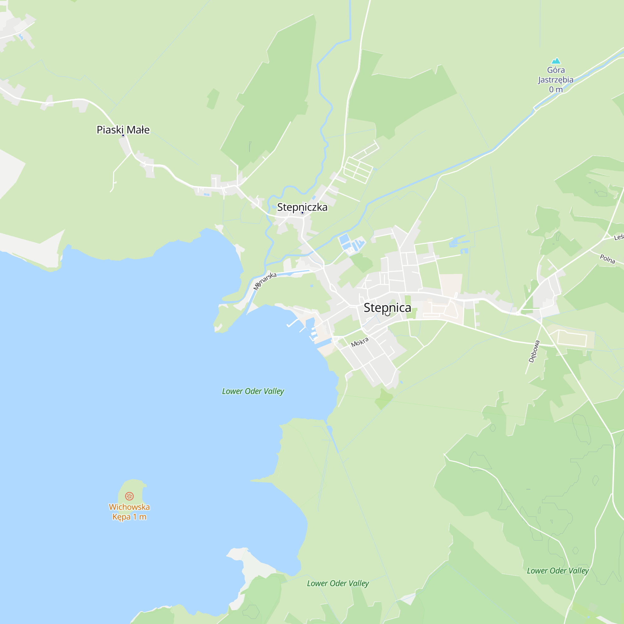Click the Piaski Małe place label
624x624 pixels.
(123, 129)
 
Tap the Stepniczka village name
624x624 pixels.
(302, 207)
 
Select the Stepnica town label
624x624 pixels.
(387, 308)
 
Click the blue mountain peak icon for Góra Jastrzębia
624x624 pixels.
(556, 61)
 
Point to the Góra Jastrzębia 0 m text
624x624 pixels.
(556, 80)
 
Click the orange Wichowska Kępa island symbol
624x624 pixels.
(129, 496)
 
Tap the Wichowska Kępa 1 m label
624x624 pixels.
(129, 512)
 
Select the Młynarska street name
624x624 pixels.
(265, 281)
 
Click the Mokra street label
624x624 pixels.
(360, 342)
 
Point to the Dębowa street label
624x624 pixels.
(534, 351)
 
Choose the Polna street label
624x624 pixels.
(607, 259)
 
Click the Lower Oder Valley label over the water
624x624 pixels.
(253, 391)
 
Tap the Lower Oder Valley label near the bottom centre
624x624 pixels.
(338, 583)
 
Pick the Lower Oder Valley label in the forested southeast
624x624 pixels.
(558, 571)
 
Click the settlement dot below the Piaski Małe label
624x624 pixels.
(123, 135)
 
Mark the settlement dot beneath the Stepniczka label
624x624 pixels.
(302, 213)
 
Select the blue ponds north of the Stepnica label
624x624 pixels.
(350, 244)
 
